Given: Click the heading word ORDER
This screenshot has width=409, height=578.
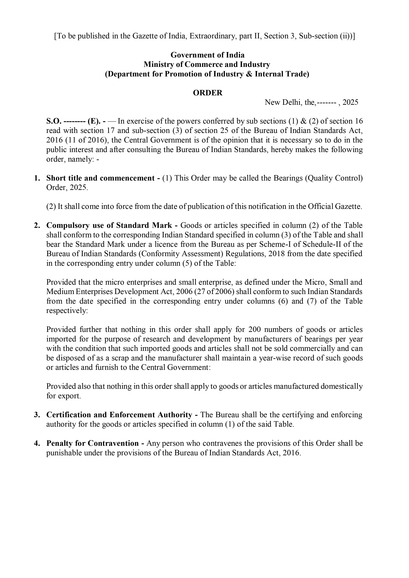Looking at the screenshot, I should [207, 93].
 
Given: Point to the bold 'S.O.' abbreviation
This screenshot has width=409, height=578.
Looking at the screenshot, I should [54, 121].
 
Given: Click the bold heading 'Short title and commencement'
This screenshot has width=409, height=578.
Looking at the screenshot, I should [100, 178].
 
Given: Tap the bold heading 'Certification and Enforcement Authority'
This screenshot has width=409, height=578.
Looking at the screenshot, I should [119, 415].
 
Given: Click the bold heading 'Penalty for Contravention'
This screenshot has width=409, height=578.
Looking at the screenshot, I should [92, 443].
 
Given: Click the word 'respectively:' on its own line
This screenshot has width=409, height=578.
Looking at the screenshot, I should [67, 311].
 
